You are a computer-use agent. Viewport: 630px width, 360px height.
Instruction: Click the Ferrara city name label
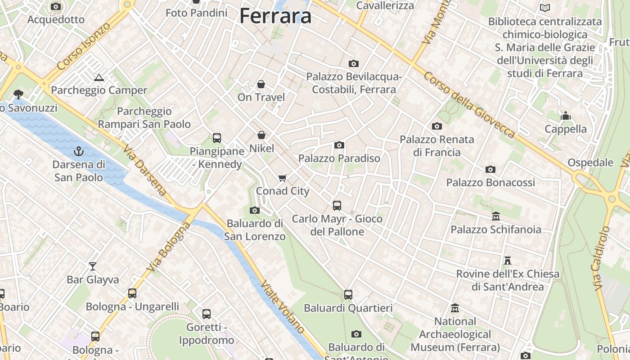click(275, 16)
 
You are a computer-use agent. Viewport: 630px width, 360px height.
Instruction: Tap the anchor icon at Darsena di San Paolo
click(79, 151)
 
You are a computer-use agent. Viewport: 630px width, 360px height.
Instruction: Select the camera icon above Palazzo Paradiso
click(339, 145)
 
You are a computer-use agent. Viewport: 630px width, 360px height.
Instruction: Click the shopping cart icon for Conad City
click(283, 178)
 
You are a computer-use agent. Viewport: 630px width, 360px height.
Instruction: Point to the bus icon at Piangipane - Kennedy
click(217, 138)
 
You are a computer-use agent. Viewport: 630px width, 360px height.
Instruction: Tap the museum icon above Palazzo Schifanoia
click(496, 216)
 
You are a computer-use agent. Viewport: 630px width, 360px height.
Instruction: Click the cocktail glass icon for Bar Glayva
click(93, 266)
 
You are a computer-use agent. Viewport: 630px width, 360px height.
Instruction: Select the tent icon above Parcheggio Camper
click(99, 77)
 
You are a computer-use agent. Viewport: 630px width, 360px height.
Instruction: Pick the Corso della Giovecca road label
click(469, 105)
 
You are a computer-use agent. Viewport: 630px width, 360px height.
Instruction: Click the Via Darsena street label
click(144, 170)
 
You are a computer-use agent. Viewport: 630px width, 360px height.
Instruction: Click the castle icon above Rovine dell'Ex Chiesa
click(508, 261)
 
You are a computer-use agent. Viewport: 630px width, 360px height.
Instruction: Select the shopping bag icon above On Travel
click(261, 84)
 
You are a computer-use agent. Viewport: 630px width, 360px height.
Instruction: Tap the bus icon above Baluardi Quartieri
click(348, 295)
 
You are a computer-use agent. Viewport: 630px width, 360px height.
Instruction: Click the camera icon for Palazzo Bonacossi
click(490, 170)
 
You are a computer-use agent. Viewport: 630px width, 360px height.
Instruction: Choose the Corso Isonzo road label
click(84, 46)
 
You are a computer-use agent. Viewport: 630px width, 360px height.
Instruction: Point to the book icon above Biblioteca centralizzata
click(545, 8)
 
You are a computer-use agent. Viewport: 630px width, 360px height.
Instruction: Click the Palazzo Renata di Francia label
click(437, 146)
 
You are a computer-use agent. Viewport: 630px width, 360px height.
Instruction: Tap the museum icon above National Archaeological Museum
click(455, 308)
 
